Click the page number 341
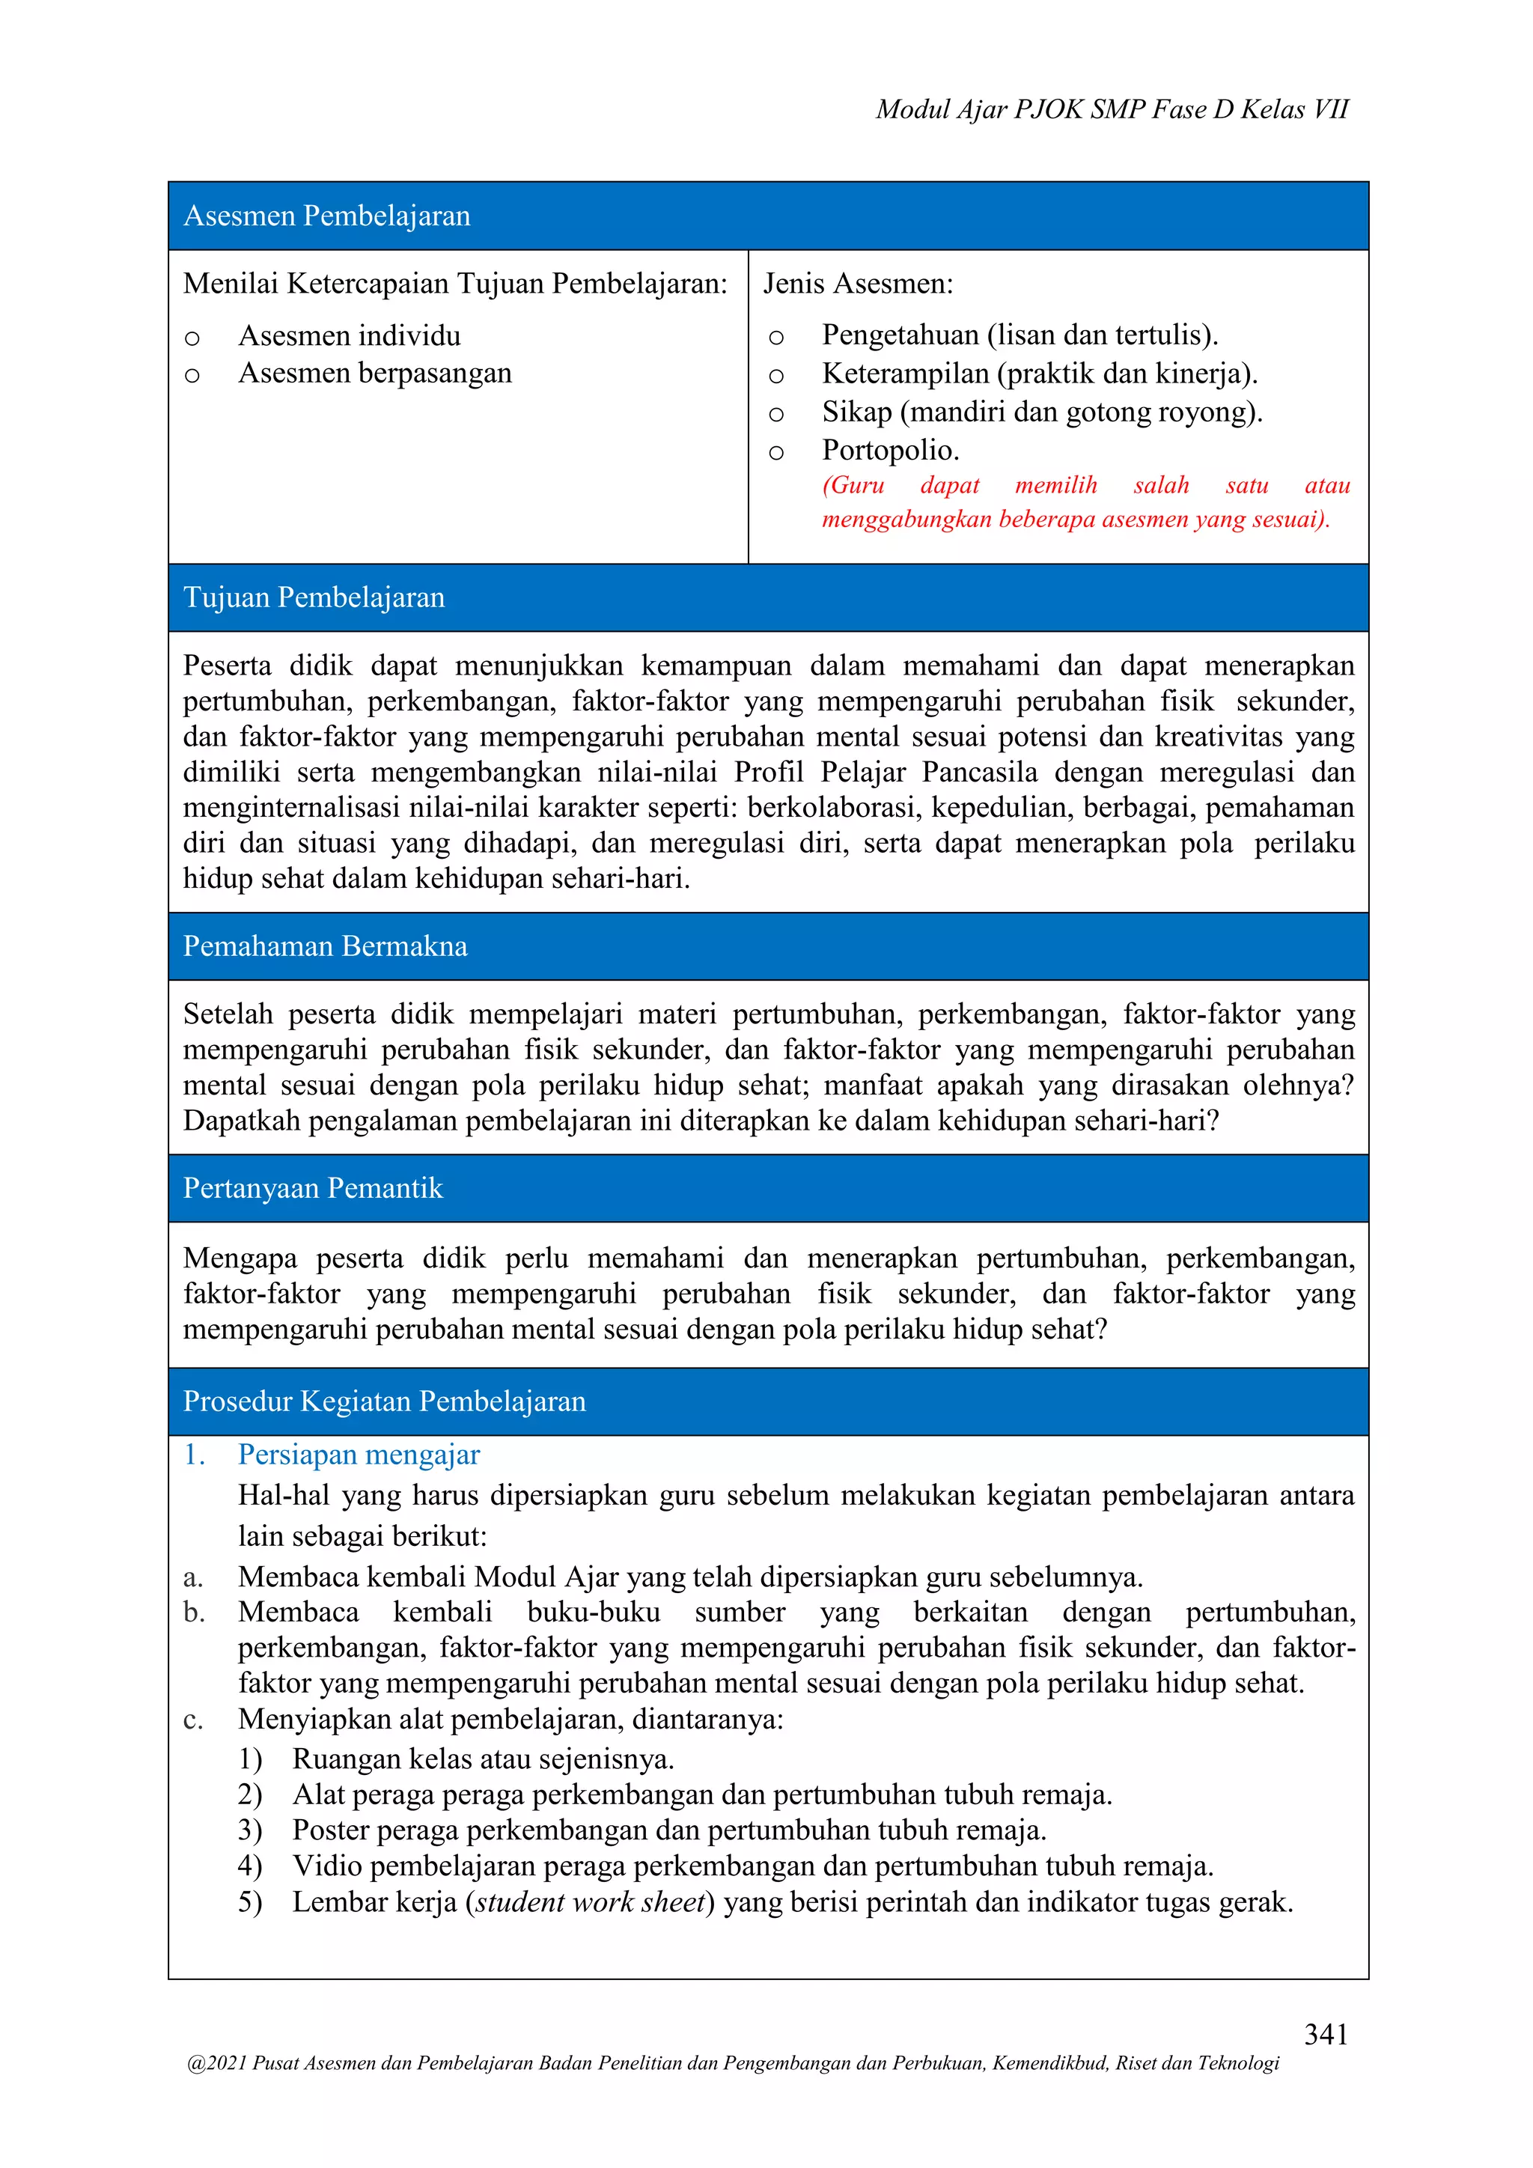(1326, 2034)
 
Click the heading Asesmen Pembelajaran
(326, 216)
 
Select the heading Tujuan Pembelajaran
(314, 597)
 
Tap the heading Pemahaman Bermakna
(325, 946)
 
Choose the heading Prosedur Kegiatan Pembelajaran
(384, 1401)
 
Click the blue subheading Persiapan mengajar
(359, 1455)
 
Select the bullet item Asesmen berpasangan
(375, 373)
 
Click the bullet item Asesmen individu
(350, 335)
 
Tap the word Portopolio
(890, 451)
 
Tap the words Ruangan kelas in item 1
(375, 1759)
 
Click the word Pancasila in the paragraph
(979, 773)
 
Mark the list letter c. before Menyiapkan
(192, 1720)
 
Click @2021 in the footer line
(217, 2063)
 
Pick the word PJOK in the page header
(1049, 109)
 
